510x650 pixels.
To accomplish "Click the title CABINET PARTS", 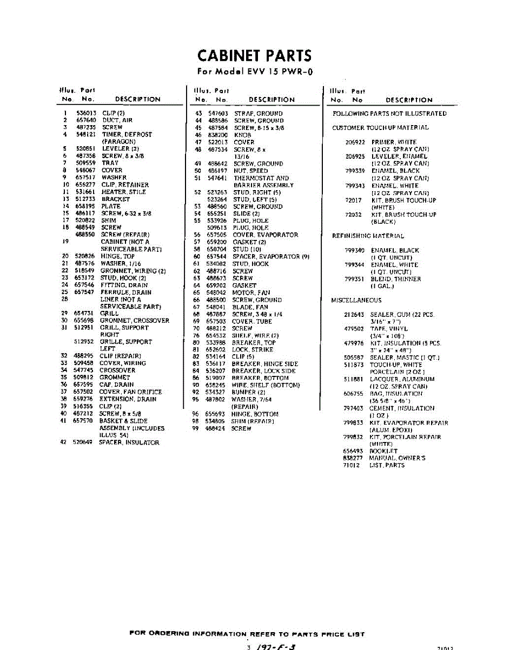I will point(255,56).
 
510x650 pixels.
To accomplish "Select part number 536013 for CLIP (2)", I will point(85,113).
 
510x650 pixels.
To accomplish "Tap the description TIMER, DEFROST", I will point(127,134).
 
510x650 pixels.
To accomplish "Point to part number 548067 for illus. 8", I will point(85,170).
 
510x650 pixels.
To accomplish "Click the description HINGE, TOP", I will point(117,256).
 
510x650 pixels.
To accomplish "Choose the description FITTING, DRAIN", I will point(124,285).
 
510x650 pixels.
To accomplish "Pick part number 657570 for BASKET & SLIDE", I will point(84,421).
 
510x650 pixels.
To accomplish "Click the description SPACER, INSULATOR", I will point(129,443).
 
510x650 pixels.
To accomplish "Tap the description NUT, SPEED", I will point(250,171).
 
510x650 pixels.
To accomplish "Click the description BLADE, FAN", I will point(250,307).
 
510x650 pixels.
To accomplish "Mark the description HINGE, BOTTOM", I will point(255,414).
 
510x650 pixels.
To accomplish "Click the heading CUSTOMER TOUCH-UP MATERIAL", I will point(380,128).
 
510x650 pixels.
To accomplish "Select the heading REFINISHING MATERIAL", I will point(368,236).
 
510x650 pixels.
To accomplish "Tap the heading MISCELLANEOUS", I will point(356,300).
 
